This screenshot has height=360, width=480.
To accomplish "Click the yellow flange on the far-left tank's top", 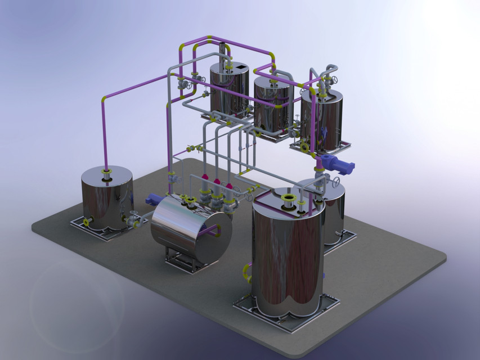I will (105, 170).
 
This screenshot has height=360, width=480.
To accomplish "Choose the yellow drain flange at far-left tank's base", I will (87, 222).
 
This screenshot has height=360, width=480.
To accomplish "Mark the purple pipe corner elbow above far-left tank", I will (105, 100).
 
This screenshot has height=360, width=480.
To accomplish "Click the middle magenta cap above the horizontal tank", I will (217, 182).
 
